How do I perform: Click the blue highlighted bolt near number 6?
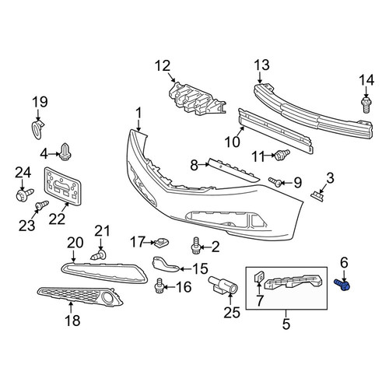(342, 286)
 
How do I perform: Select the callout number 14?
(366, 80)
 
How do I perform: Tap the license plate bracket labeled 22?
(62, 186)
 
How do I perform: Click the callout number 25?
(232, 312)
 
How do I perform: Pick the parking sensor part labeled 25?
(224, 286)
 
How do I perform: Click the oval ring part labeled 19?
(37, 129)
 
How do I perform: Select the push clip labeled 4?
(65, 152)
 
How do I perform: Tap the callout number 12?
(163, 65)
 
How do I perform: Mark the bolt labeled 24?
(25, 194)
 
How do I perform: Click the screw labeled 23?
(42, 205)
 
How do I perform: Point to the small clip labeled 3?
(317, 196)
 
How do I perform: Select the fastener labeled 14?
(366, 105)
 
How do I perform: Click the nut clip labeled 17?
(161, 243)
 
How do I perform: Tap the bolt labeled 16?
(159, 286)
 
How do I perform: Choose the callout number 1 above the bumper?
(139, 114)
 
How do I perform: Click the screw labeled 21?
(99, 255)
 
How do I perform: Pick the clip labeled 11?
(282, 155)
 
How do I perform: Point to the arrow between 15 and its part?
(185, 269)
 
